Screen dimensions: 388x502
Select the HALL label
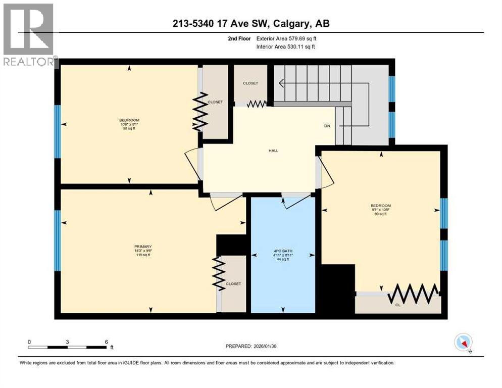[x=273, y=151]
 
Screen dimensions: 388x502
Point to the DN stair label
[x=327, y=126]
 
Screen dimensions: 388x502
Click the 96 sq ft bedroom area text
[x=129, y=129]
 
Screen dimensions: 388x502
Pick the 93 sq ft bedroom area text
[x=380, y=214]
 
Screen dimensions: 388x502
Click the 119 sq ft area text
[x=140, y=255]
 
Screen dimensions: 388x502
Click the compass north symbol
[x=463, y=343]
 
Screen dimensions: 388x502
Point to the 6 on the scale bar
[x=106, y=342]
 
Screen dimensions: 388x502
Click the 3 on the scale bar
[x=67, y=342]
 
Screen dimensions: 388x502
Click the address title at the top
[x=251, y=23]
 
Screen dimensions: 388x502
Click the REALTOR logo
[x=28, y=34]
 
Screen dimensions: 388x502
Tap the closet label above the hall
[x=250, y=83]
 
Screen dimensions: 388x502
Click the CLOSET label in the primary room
[x=233, y=283]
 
